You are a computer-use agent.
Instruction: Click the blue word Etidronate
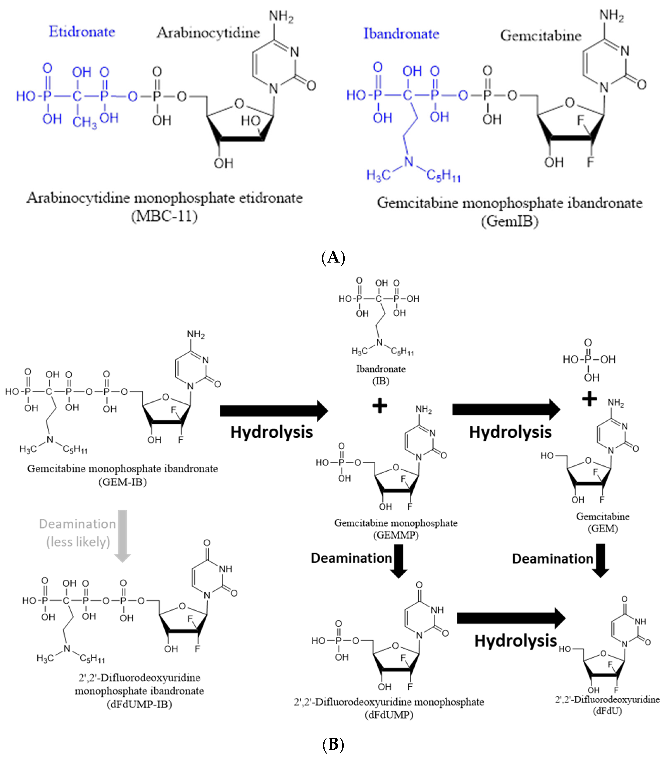pyautogui.click(x=82, y=32)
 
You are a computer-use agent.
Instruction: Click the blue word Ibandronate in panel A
pyautogui.click(x=401, y=34)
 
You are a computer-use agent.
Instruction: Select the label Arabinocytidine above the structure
pyautogui.click(x=208, y=33)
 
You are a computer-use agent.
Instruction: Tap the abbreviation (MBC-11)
pyautogui.click(x=164, y=216)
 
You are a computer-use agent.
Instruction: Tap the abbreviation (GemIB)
pyautogui.click(x=509, y=221)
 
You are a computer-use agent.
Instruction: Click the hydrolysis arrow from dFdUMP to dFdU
pyautogui.click(x=511, y=618)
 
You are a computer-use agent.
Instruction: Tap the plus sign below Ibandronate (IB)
pyautogui.click(x=380, y=406)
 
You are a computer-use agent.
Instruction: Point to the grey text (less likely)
pyautogui.click(x=78, y=542)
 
